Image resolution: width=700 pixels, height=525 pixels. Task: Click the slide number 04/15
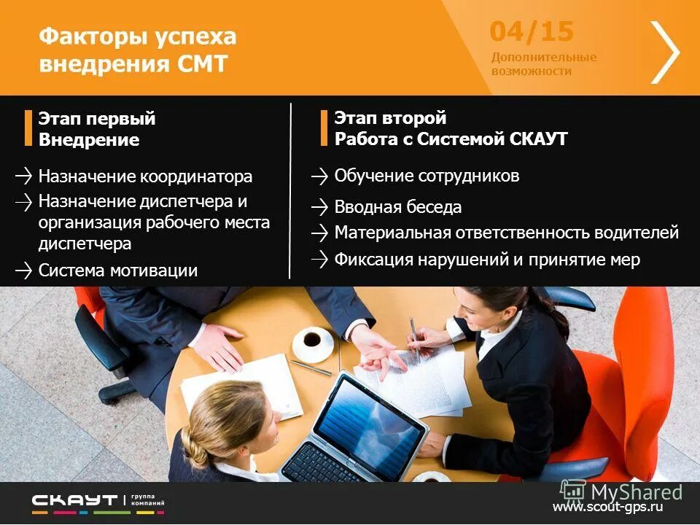(x=532, y=32)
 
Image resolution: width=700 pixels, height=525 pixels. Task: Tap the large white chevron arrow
(x=665, y=52)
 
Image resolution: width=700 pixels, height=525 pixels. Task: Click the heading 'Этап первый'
(x=97, y=119)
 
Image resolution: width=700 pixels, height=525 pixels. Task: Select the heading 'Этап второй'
(x=390, y=118)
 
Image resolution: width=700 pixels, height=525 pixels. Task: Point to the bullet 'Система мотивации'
(x=117, y=271)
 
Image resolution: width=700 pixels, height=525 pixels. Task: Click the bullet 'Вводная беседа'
(x=397, y=207)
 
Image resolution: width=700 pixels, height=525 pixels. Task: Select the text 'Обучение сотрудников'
(x=427, y=176)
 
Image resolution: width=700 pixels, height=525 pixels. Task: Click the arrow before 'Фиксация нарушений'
(x=319, y=259)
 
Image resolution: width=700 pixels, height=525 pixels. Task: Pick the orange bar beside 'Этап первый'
(x=28, y=128)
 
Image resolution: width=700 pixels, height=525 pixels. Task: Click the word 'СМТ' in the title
(x=203, y=64)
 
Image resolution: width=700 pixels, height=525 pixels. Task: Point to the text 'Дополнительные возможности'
(x=543, y=64)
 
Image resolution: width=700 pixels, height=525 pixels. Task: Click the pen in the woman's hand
(x=413, y=336)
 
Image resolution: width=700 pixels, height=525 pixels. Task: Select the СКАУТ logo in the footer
(x=74, y=501)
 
